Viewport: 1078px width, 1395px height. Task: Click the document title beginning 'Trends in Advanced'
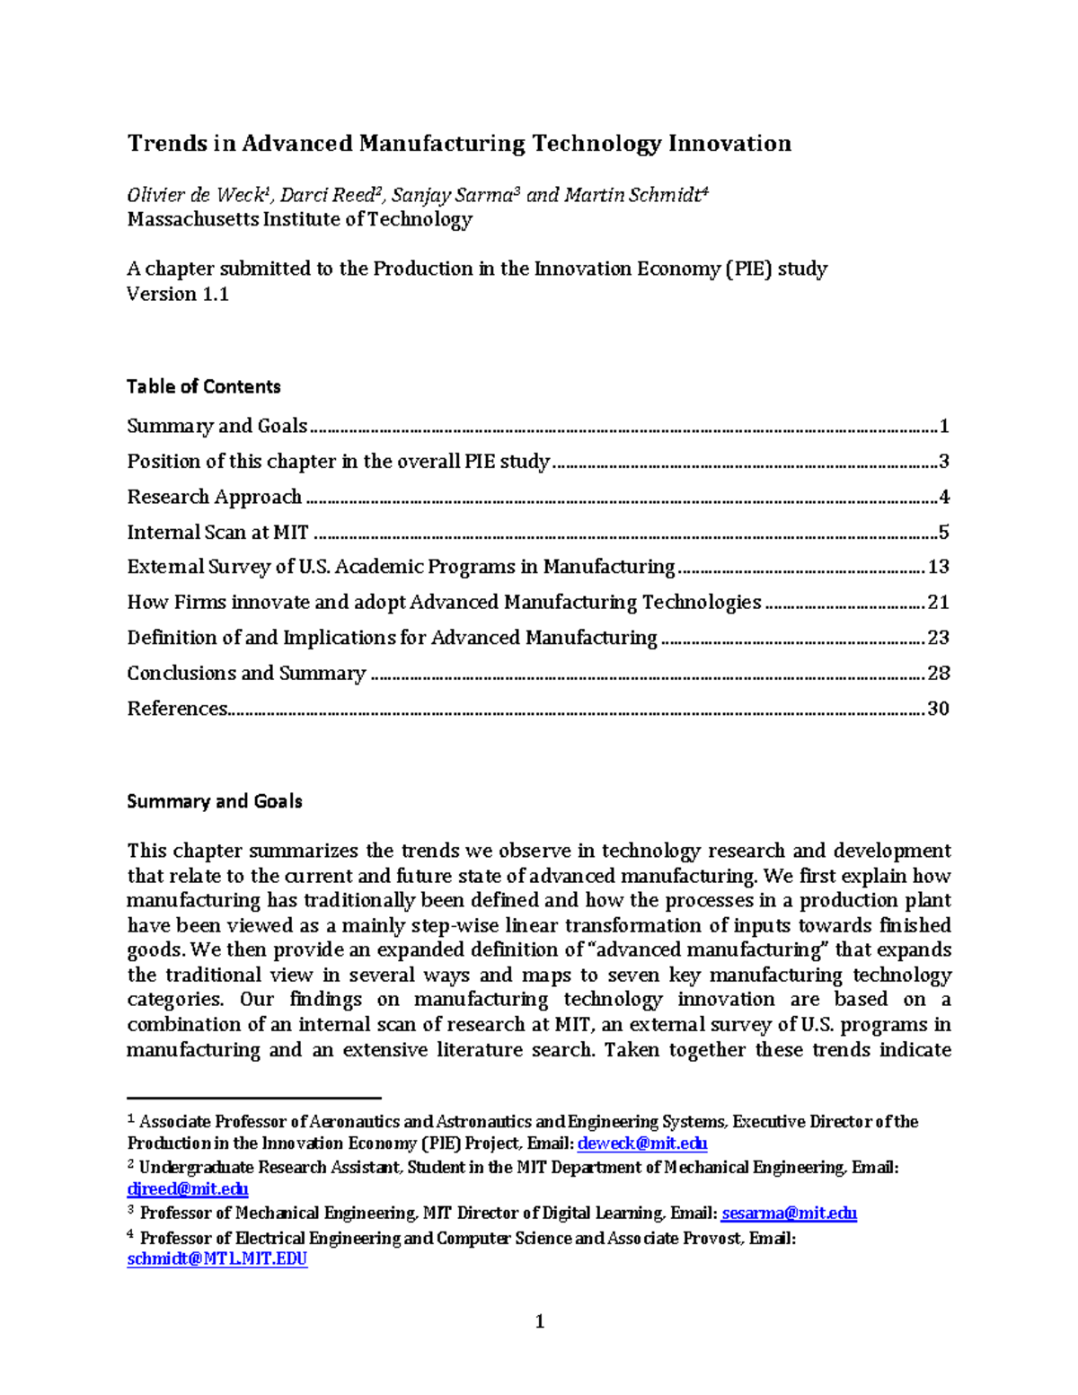(458, 144)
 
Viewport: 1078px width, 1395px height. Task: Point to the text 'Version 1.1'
(178, 295)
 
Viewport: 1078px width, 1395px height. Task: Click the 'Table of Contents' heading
(203, 387)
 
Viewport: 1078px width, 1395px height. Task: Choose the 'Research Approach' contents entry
(214, 497)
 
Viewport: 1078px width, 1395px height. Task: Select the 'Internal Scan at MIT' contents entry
(217, 533)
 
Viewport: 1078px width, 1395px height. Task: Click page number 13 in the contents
(938, 567)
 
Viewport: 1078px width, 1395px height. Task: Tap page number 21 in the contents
(938, 603)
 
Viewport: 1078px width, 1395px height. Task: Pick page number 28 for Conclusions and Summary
(938, 674)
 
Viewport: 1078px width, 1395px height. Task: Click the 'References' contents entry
(177, 709)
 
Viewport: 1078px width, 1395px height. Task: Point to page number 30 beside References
(938, 709)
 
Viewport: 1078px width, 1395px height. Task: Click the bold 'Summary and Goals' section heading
(214, 802)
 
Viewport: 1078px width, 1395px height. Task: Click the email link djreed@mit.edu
(187, 1189)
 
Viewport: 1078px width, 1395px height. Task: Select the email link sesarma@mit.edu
(789, 1214)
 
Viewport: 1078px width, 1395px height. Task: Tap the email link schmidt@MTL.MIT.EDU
(216, 1259)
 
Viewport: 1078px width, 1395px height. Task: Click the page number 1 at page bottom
(540, 1321)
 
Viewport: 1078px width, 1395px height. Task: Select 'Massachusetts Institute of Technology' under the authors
(299, 220)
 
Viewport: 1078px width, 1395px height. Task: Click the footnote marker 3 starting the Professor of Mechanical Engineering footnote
(130, 1211)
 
